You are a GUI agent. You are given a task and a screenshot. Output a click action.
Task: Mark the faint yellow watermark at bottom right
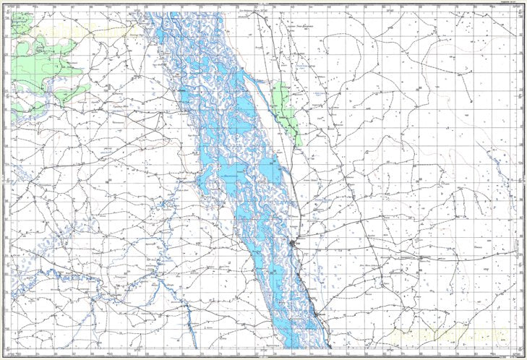[x=448, y=335]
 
